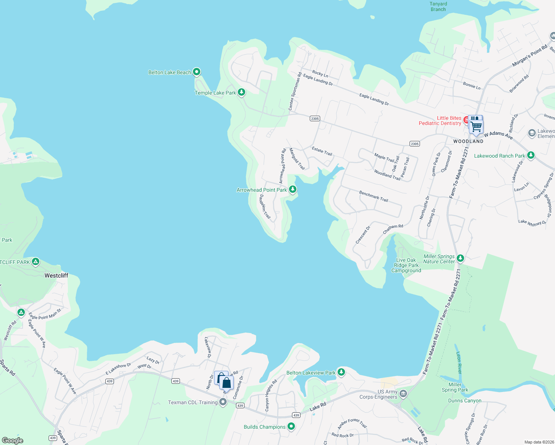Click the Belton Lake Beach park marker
click(197, 72)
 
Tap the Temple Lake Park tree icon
click(242, 92)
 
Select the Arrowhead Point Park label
click(262, 190)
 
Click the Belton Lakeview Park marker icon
click(341, 372)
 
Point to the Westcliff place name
click(56, 276)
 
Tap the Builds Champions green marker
click(291, 426)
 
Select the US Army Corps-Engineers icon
click(403, 393)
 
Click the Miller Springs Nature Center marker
click(460, 258)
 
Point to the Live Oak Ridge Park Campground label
click(406, 266)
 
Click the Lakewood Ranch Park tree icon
click(531, 155)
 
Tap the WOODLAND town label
click(468, 141)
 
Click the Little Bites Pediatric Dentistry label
click(440, 121)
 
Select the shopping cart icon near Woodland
click(476, 127)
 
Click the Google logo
click(13, 441)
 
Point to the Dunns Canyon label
click(464, 401)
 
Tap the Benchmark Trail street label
click(373, 196)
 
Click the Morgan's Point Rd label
click(529, 56)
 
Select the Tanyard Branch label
click(438, 7)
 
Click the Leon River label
click(459, 363)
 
